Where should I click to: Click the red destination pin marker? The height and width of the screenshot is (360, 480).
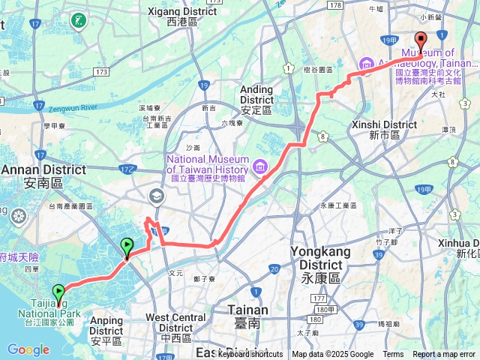(x=421, y=41)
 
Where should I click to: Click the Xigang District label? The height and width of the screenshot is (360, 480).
(x=181, y=13)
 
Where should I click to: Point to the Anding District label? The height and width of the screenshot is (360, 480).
(x=256, y=94)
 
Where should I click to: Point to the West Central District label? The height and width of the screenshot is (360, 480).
(x=175, y=322)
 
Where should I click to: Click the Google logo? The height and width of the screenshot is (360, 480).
(x=28, y=349)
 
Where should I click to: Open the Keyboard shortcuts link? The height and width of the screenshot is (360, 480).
(x=250, y=355)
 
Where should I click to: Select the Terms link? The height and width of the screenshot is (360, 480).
(x=393, y=355)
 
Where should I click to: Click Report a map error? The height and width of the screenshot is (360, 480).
(x=443, y=355)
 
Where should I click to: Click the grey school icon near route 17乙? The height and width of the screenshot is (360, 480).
(x=157, y=196)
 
